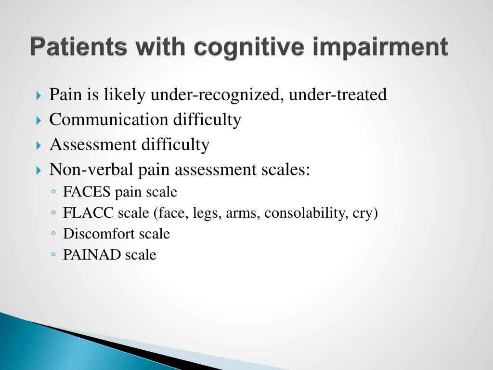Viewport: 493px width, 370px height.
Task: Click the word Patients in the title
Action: tap(79, 47)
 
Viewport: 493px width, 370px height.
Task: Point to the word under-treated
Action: tap(337, 94)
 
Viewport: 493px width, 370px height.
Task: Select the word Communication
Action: tap(108, 119)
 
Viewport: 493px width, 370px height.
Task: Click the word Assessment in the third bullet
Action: tap(93, 145)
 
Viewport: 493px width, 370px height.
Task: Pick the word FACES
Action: tap(87, 192)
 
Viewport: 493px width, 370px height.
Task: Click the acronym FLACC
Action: tap(89, 212)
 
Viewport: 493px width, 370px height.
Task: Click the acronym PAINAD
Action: tap(92, 254)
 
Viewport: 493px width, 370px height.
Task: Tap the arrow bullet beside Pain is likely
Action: tap(39, 95)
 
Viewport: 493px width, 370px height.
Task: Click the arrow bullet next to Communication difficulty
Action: tap(39, 120)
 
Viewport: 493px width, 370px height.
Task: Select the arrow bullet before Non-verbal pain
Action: tap(39, 170)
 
